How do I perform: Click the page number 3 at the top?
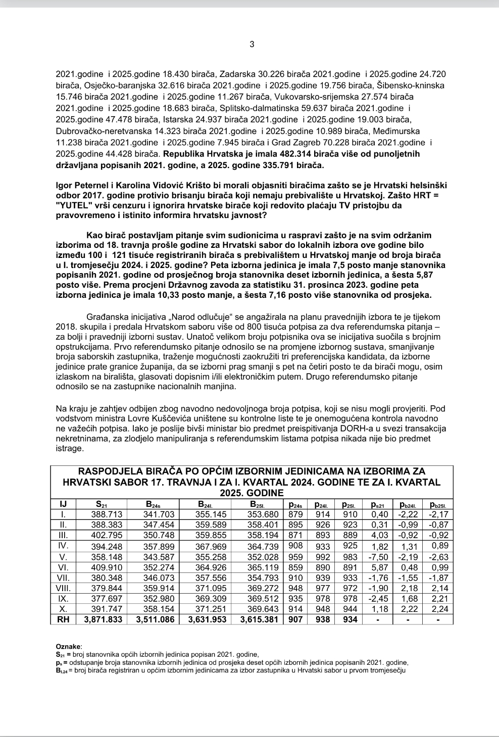pos(252,44)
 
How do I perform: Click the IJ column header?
pos(63,504)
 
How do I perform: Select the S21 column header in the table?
pos(102,504)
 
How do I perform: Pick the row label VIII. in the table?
pos(63,588)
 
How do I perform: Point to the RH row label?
pos(63,619)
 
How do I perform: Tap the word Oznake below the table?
pos(68,646)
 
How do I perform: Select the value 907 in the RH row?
pos(295,619)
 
